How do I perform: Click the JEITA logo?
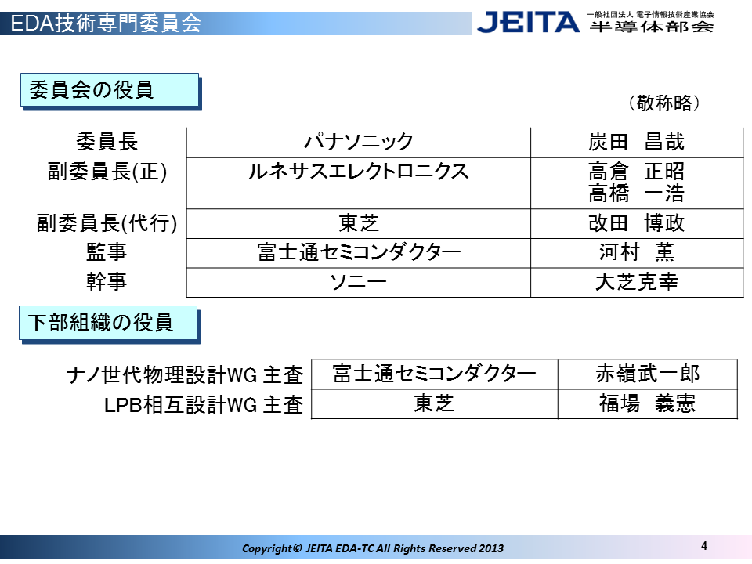(x=528, y=23)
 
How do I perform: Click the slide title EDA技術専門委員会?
(x=106, y=23)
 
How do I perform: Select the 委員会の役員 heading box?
(x=110, y=91)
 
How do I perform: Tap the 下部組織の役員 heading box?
(x=110, y=324)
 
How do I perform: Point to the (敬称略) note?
(x=664, y=103)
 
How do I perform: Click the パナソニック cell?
(x=358, y=142)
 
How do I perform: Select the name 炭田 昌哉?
(x=636, y=142)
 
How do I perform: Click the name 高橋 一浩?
(x=636, y=193)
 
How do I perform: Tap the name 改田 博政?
(x=636, y=223)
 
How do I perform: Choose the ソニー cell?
(x=358, y=282)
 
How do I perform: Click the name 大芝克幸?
(x=636, y=282)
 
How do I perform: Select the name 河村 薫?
(x=636, y=252)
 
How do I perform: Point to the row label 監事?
(x=107, y=252)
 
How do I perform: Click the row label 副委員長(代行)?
(x=107, y=223)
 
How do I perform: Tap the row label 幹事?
(x=107, y=282)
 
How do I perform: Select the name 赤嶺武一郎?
(x=648, y=374)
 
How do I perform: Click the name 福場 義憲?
(x=648, y=403)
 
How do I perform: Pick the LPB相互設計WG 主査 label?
(x=204, y=405)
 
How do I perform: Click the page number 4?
(x=704, y=546)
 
